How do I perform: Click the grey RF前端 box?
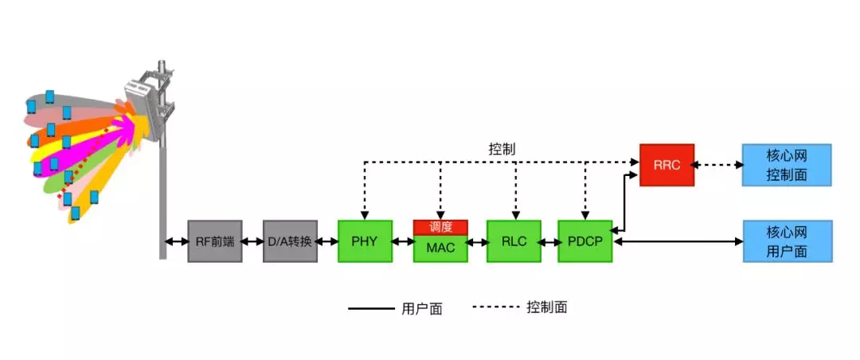[214, 241]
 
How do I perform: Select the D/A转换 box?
[290, 241]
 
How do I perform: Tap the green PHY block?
[365, 241]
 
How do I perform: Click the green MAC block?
[440, 248]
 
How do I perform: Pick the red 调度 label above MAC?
[440, 227]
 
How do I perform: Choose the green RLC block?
[514, 241]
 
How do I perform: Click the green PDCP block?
[584, 241]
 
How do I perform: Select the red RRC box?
[666, 165]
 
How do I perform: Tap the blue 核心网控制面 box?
[787, 165]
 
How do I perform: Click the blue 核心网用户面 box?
[787, 241]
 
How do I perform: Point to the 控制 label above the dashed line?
[502, 149]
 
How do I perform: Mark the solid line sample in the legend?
[370, 309]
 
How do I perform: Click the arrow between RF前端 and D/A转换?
[252, 241]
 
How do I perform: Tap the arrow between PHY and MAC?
[402, 241]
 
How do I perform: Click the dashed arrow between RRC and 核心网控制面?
[718, 165]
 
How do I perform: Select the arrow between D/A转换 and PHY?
[327, 241]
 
